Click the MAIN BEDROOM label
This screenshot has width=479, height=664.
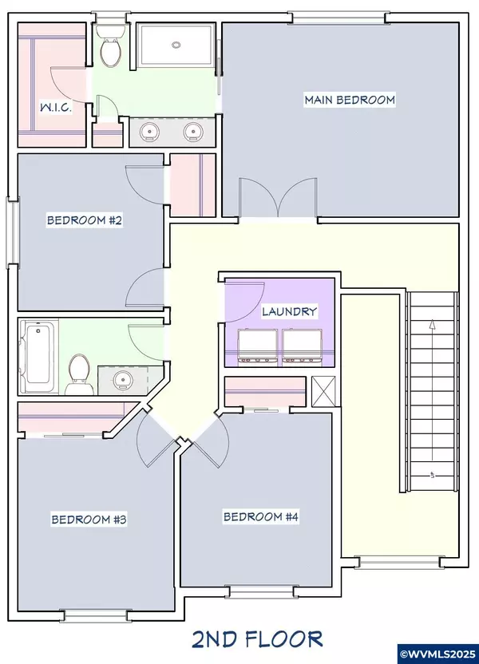[x=350, y=100]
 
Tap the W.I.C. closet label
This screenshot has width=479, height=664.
[x=55, y=107]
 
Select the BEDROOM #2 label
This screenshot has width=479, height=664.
[x=85, y=220]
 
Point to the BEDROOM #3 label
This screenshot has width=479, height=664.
[x=89, y=520]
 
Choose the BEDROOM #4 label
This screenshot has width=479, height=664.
[x=261, y=516]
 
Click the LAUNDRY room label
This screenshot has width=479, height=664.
[x=289, y=312]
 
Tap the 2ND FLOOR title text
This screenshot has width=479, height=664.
[x=257, y=639]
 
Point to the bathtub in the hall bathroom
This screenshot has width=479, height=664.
[x=38, y=357]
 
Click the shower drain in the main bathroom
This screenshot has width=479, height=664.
[x=176, y=45]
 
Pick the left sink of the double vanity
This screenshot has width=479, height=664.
[x=149, y=131]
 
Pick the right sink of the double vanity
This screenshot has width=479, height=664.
[x=192, y=131]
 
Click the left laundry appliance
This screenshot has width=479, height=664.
[x=258, y=348]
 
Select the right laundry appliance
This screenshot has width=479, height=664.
[x=300, y=348]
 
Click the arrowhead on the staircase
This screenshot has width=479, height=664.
[x=432, y=324]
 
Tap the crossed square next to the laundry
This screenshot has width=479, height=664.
[x=323, y=391]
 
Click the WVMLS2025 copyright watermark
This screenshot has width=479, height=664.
[x=438, y=655]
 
